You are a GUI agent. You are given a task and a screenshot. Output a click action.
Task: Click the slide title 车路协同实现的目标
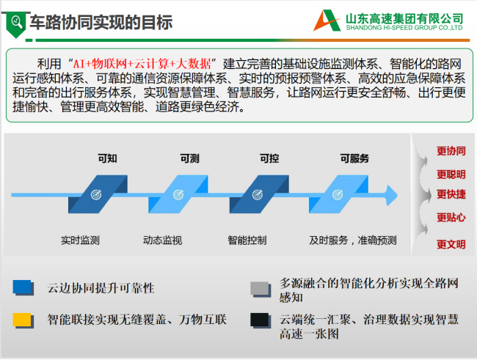[101, 23]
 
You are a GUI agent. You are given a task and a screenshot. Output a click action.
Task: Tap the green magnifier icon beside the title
[16, 23]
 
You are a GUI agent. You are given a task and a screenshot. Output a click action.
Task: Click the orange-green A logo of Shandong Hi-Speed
[327, 21]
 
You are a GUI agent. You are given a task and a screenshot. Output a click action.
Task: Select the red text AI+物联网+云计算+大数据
[142, 64]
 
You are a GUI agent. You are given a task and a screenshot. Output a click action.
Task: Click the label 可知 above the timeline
[107, 158]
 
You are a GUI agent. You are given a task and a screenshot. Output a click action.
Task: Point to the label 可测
[189, 158]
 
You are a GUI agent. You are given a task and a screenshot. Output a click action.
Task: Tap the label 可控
[269, 158]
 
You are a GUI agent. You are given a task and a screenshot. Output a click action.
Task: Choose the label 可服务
[354, 158]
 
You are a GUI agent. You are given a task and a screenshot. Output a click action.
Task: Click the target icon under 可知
[96, 194]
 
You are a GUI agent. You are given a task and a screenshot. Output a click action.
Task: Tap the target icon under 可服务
[338, 194]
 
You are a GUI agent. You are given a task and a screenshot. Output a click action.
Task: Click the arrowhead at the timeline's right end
[392, 195]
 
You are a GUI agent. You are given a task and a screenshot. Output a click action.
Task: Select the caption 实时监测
[80, 240]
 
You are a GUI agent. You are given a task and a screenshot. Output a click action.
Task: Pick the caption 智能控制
[247, 240]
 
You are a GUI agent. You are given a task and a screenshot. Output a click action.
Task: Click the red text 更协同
[451, 151]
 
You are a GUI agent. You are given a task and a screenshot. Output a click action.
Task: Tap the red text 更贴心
[451, 218]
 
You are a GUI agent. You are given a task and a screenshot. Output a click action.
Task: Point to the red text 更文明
[451, 244]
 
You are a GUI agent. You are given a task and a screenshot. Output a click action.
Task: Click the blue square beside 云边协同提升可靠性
[23, 287]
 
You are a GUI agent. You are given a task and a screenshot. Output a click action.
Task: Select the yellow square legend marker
[23, 320]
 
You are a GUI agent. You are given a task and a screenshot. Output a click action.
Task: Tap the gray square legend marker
[261, 289]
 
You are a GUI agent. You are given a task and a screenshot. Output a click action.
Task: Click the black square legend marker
[261, 320]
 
